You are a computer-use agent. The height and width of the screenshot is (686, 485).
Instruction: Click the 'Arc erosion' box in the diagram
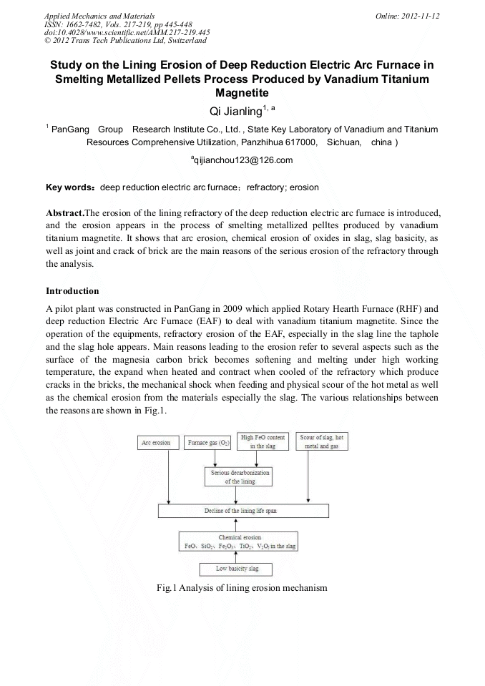tap(157, 443)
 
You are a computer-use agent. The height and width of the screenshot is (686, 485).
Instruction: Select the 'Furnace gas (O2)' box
tap(208, 443)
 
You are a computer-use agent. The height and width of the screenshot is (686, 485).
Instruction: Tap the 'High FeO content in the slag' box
tap(262, 442)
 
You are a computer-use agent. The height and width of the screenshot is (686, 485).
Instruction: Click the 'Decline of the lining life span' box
tap(244, 511)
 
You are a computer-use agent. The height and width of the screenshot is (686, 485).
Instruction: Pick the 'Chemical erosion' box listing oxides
tap(240, 541)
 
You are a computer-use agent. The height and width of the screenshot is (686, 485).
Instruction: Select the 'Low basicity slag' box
tap(238, 569)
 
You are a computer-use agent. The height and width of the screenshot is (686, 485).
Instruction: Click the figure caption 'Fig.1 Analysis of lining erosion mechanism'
tap(242, 588)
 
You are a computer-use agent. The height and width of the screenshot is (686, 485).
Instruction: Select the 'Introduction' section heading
tap(72, 291)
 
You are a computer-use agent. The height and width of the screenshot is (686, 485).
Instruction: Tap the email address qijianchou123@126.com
tap(243, 160)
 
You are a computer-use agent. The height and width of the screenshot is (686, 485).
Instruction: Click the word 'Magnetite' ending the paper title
tap(242, 92)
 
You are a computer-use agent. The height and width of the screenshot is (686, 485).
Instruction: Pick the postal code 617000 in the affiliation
tap(300, 142)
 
